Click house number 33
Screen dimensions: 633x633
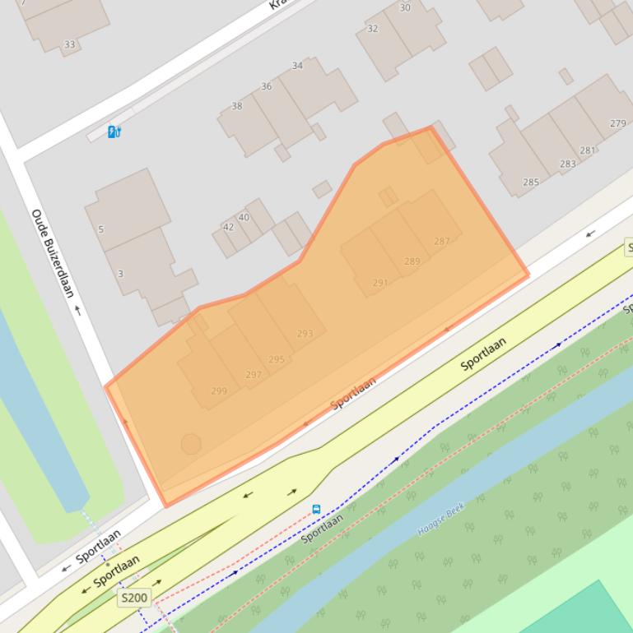pos(69,44)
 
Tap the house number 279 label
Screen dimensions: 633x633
pos(617,123)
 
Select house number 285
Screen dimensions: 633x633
pos(531,182)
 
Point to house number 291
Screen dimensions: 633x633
pos(379,282)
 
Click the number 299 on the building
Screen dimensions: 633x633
pos(218,390)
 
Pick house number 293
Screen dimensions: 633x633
pos(305,334)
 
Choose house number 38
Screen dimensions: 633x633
pos(237,105)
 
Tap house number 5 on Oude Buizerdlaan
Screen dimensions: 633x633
pos(101,229)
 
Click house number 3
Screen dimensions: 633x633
pos(120,273)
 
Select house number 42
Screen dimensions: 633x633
pos(228,227)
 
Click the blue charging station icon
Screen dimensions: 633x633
pos(114,132)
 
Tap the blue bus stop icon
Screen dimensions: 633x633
pos(316,510)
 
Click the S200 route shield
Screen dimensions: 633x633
pos(133,598)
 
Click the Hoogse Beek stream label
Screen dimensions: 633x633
pos(441,520)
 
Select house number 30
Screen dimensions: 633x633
pos(405,7)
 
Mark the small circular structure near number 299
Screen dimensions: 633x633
pos(191,444)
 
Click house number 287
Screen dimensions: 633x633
pos(442,241)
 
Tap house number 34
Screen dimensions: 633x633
pos(297,66)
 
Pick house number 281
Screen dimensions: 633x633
pos(587,150)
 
